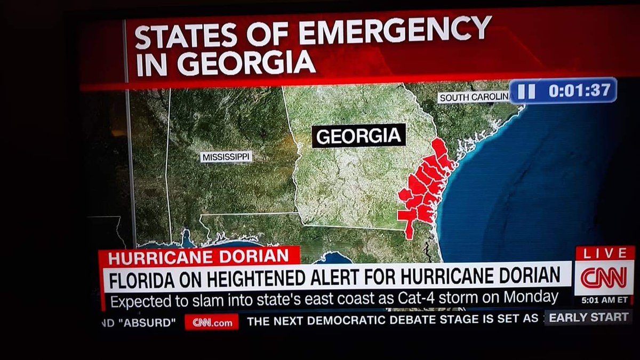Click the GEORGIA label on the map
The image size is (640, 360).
[x=358, y=135]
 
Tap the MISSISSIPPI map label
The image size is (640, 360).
[x=226, y=157]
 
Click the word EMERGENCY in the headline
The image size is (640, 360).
[x=395, y=33]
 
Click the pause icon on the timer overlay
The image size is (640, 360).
[x=526, y=91]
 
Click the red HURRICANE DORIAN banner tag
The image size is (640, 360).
[x=198, y=256]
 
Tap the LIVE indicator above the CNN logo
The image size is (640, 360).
[x=604, y=254]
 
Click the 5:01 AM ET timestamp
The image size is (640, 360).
[x=604, y=300]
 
